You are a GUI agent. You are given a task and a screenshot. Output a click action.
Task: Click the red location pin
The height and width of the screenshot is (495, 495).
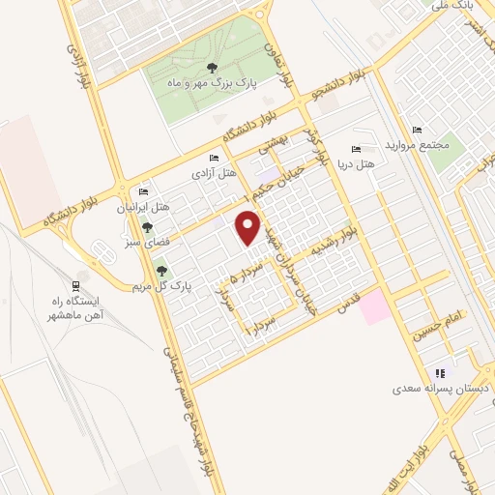(248, 228)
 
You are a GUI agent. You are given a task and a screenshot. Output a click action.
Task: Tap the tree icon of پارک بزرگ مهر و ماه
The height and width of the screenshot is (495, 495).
(211, 67)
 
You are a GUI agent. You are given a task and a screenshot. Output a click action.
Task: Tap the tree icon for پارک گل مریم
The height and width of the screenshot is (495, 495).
(162, 272)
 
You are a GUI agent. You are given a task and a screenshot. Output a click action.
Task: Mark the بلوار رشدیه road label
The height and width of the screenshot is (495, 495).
(344, 242)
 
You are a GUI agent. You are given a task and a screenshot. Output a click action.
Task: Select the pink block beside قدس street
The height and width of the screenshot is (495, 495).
(377, 307)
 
